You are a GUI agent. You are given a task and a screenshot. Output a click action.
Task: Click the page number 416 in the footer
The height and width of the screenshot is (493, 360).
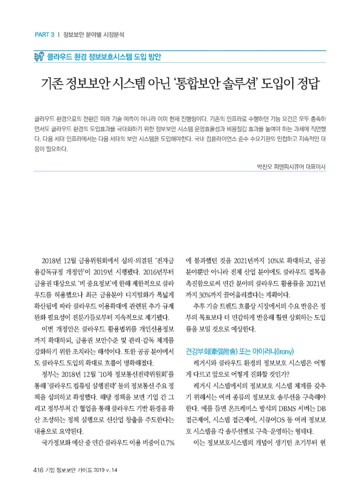click(39, 469)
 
